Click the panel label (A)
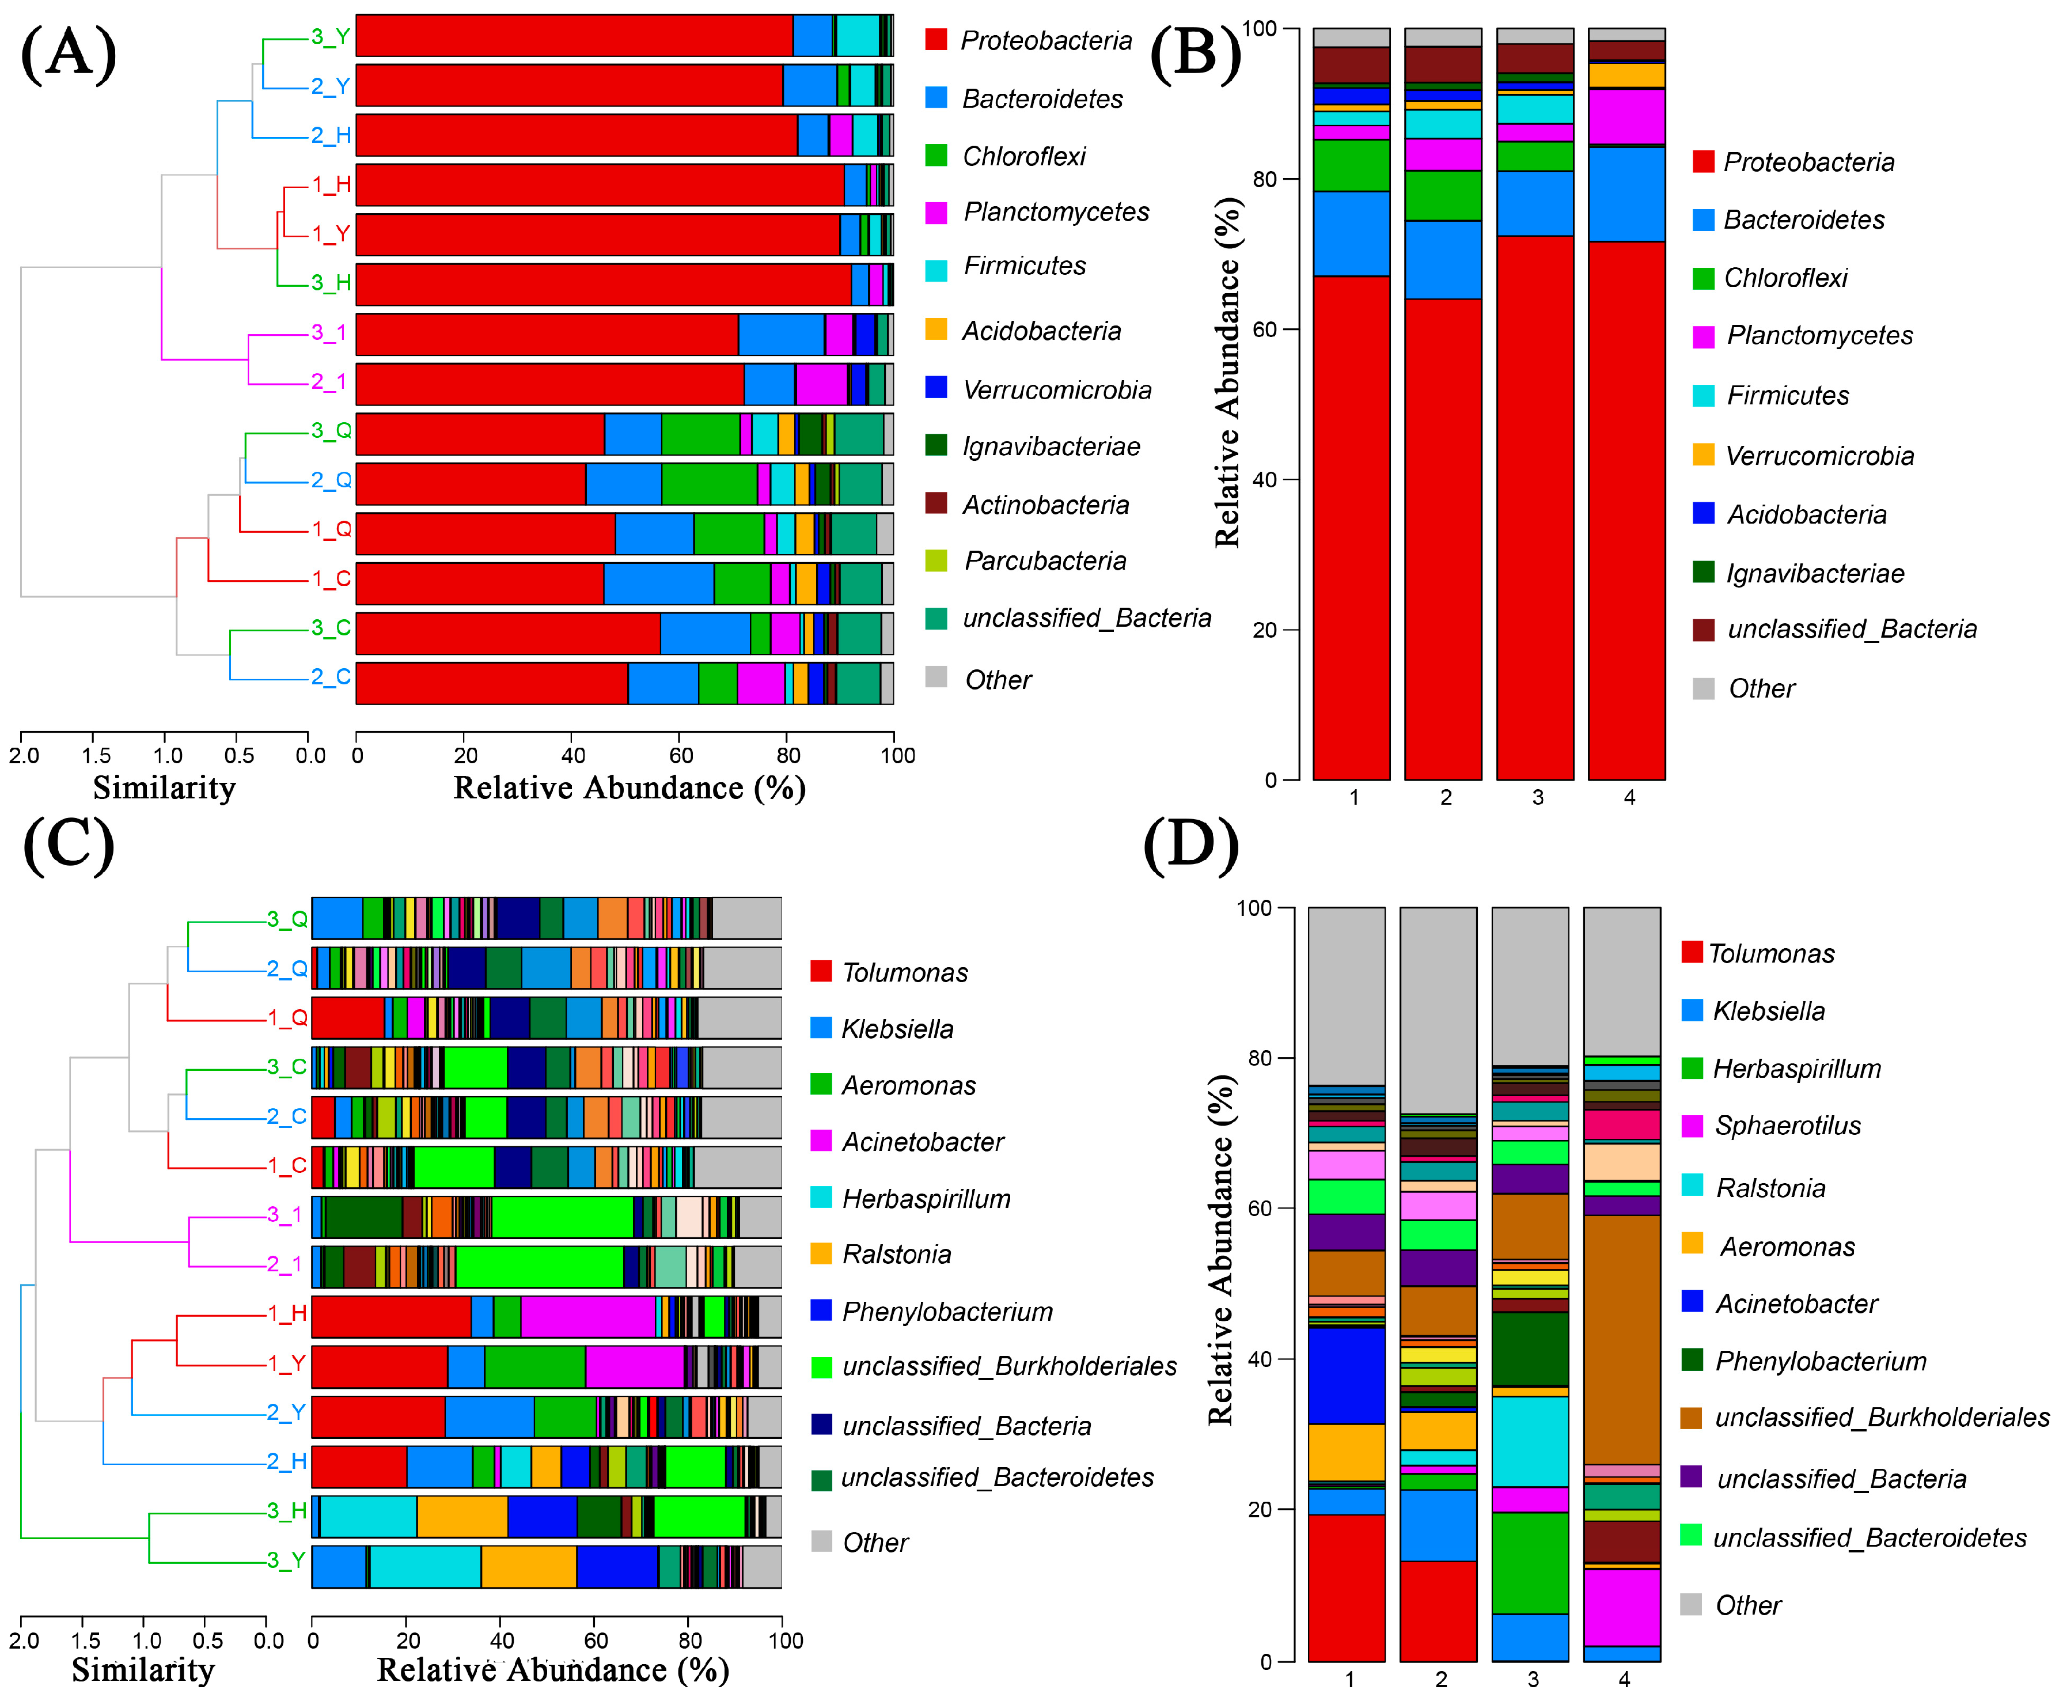point(69,54)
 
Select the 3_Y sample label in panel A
point(330,37)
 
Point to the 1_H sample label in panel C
point(287,1313)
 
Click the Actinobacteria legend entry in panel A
point(1045,505)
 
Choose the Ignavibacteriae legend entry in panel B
point(1814,574)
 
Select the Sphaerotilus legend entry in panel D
point(1787,1126)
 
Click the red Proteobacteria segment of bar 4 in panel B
point(1626,508)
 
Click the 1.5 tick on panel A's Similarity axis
point(95,756)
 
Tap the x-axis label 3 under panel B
point(1537,798)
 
